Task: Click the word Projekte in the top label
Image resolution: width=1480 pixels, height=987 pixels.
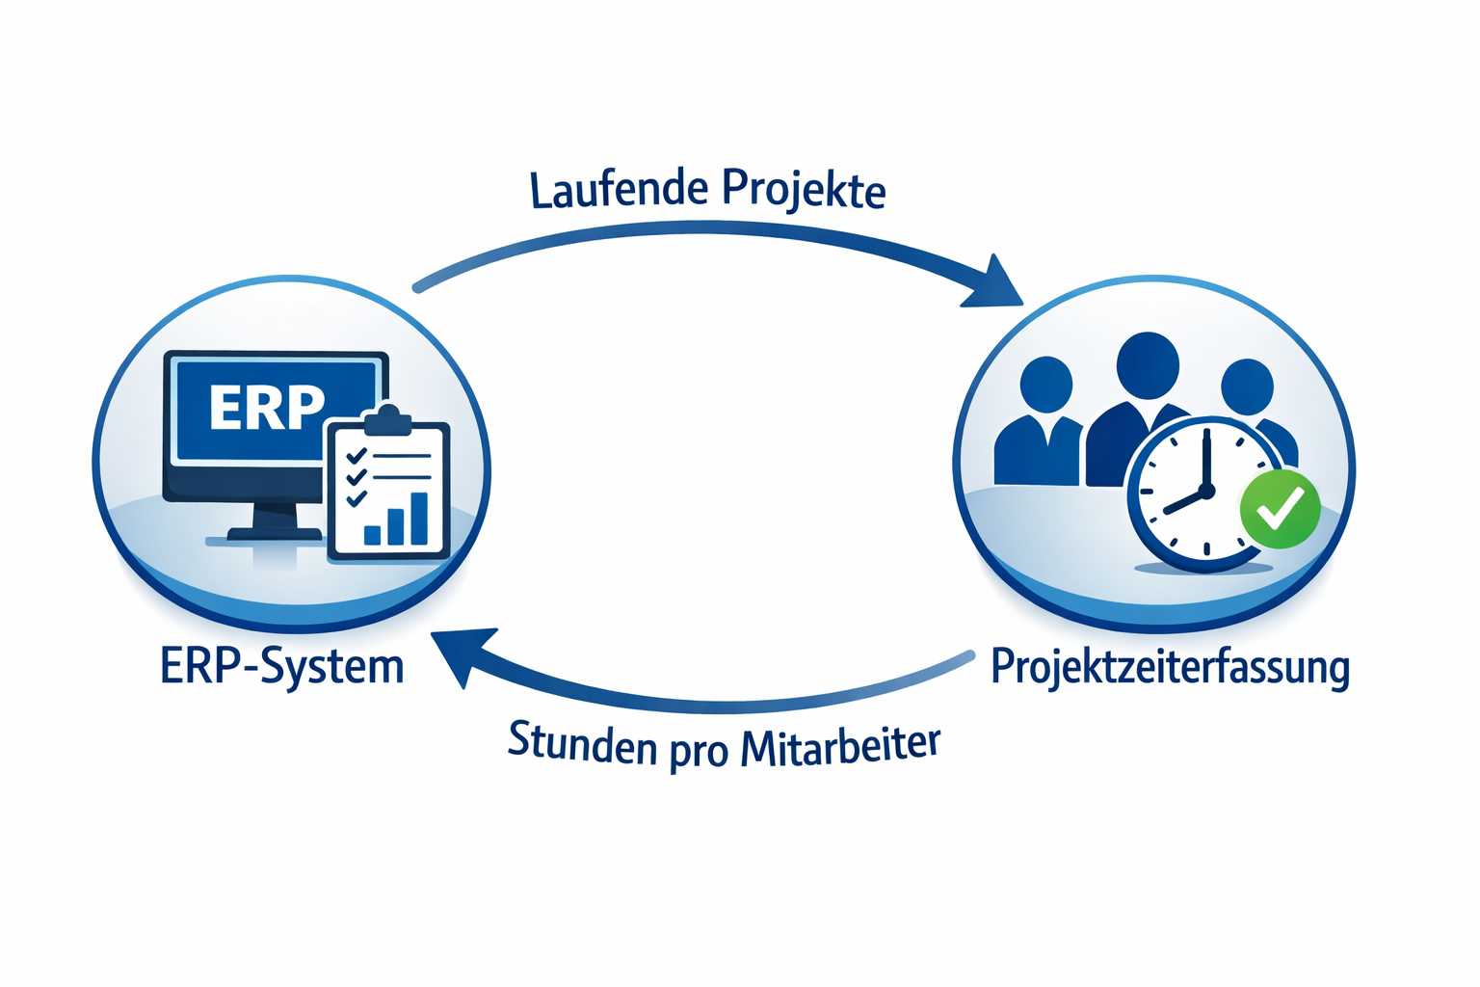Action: pos(803,189)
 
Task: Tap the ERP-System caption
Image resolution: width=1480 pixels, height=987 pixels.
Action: pos(281,667)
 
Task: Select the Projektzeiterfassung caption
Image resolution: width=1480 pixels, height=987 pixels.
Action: pos(1170,667)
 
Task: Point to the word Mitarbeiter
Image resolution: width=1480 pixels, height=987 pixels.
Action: pos(840,746)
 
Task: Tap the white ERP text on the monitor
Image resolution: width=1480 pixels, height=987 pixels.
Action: pos(267,408)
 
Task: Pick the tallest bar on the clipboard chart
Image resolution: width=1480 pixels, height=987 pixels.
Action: pos(419,519)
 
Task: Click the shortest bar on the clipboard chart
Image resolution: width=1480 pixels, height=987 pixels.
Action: pos(372,534)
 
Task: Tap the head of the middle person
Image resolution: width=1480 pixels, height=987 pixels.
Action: pos(1148,365)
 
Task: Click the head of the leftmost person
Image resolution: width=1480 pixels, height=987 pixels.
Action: pos(1045,384)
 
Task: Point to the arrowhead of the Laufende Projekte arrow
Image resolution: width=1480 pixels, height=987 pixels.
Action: pos(996,284)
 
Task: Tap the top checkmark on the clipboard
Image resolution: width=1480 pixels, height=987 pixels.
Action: pos(356,454)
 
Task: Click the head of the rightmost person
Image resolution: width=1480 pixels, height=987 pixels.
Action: pos(1247,387)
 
